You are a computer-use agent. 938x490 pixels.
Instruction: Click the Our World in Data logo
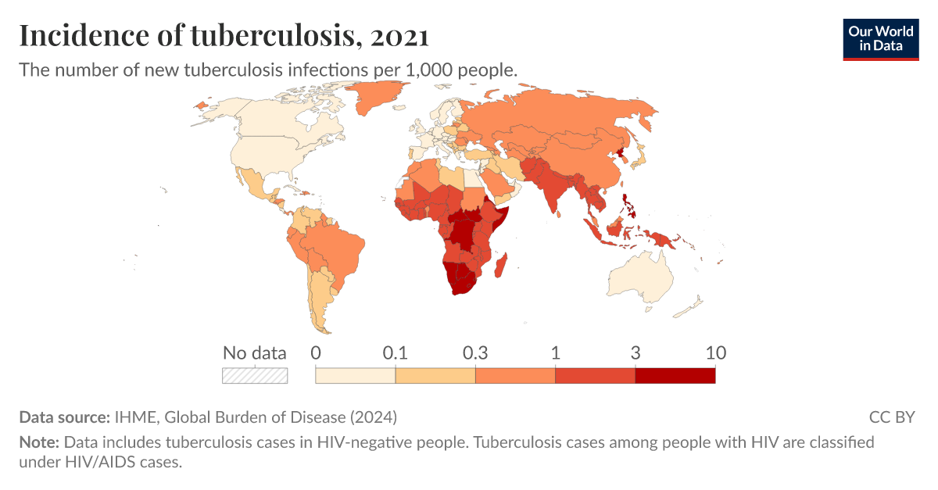click(881, 38)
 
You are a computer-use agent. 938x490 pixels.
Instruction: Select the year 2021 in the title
click(399, 36)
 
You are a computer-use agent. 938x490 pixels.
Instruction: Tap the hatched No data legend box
click(255, 375)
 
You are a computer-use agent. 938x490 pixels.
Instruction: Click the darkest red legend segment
click(675, 375)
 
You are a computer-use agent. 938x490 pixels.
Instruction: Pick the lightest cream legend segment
click(355, 375)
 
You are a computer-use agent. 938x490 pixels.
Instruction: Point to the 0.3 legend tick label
click(475, 352)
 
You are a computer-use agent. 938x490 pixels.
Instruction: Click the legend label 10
click(715, 352)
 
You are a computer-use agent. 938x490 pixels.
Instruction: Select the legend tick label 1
click(555, 352)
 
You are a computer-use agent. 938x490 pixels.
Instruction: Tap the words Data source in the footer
click(65, 417)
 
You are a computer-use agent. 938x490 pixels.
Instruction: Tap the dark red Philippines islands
click(630, 207)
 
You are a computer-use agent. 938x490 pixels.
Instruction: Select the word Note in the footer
click(38, 442)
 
